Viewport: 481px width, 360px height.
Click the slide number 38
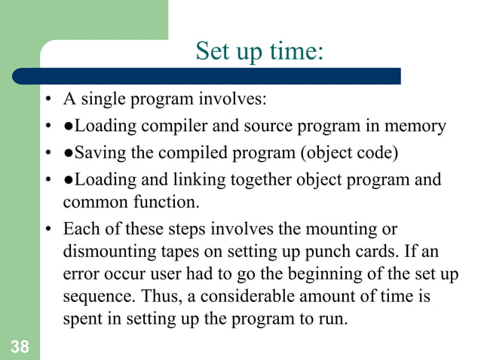coord(19,346)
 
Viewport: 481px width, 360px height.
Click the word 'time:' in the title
coord(296,52)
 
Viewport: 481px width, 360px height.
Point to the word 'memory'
coord(415,126)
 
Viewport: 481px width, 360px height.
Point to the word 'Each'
coord(79,228)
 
